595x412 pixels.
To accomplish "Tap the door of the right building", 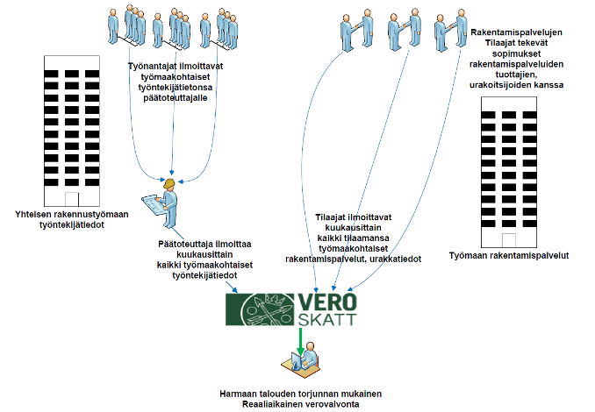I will (x=509, y=240).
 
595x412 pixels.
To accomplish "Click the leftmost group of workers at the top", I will (x=126, y=26).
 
